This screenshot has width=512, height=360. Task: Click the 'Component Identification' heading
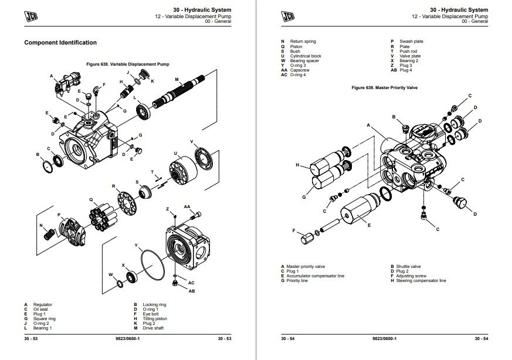click(x=60, y=42)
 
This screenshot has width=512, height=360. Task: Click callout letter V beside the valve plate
click(x=192, y=141)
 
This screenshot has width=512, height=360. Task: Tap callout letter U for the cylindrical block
click(x=175, y=152)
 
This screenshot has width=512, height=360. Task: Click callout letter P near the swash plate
click(x=59, y=215)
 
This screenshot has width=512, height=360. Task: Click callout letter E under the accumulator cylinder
click(x=368, y=225)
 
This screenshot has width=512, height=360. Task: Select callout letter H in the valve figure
click(x=298, y=165)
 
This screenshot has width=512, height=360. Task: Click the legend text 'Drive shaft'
click(x=154, y=328)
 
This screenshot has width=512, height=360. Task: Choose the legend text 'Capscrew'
click(x=299, y=70)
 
